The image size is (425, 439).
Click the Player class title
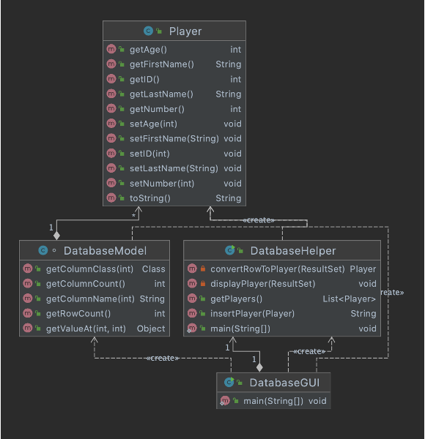coord(185,31)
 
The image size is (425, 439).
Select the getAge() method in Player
coord(149,50)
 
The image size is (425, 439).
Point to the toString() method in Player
coord(149,198)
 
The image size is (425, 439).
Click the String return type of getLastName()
coord(228,94)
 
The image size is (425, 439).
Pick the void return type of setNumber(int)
coord(232,183)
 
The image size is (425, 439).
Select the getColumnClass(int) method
coord(89,269)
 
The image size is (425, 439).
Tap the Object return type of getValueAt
coord(151,328)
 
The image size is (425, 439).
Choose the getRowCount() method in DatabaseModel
coord(78,313)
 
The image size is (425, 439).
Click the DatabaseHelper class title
coord(290,250)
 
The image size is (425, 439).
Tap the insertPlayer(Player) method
coord(252,313)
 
